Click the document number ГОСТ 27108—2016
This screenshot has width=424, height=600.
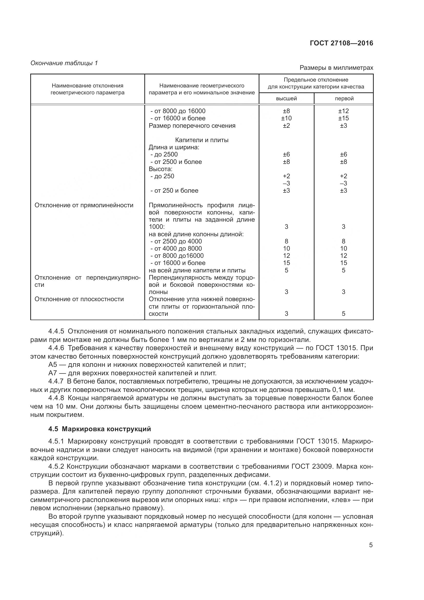point(341,43)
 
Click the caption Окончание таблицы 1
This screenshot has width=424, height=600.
point(64,63)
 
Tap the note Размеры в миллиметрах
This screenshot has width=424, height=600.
point(336,68)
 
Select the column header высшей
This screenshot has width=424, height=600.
point(286,99)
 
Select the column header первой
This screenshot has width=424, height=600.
point(344,99)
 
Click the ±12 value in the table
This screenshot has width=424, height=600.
point(344,111)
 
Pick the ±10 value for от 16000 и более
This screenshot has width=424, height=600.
point(286,118)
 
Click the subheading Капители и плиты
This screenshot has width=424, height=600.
point(201,140)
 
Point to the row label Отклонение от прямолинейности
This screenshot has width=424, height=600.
point(84,205)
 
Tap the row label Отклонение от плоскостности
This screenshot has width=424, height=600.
point(79,299)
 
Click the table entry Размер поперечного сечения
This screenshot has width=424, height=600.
point(192,126)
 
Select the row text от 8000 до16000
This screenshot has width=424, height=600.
point(178,255)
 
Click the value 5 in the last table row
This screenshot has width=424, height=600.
point(344,313)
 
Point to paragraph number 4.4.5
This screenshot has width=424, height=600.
point(56,331)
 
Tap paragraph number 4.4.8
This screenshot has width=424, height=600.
point(56,398)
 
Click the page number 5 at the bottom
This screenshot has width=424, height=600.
point(371,545)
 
